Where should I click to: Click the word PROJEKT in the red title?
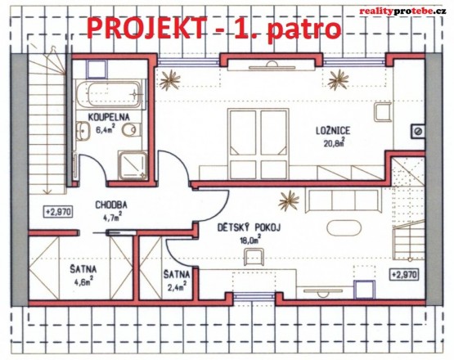coord(142,29)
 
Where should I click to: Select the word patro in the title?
coord(302,29)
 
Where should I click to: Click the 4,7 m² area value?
coord(109,218)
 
